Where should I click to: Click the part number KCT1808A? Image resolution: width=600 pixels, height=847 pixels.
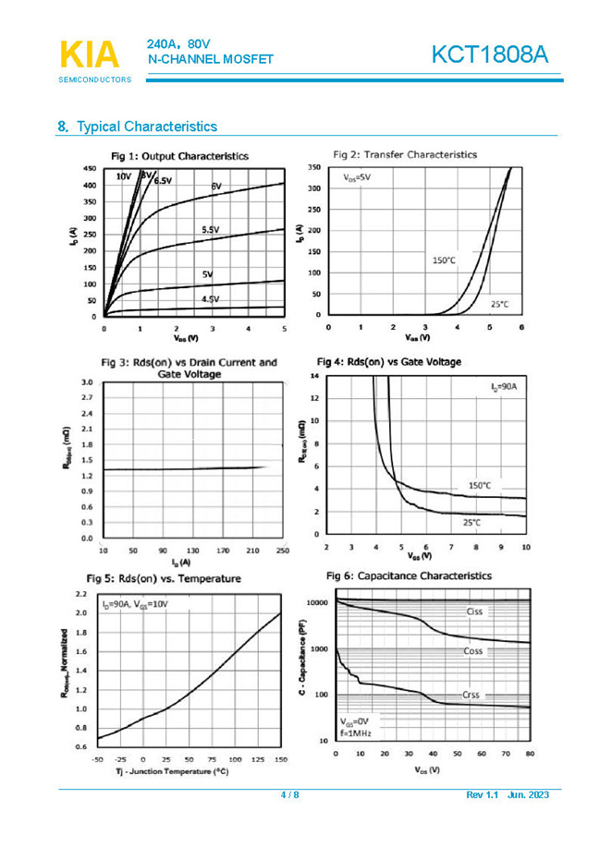pos(489,54)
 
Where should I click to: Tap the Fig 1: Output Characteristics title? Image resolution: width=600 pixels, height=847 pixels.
pos(179,156)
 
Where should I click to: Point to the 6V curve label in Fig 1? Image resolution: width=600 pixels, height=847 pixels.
pos(216,187)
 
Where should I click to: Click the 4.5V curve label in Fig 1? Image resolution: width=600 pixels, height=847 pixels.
pos(210,300)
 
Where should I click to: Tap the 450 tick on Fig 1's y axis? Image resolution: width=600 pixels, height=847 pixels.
pos(89,169)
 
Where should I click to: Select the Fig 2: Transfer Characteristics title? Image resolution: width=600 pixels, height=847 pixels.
pos(405,154)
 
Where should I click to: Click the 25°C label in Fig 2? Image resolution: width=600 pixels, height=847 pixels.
pos(499,303)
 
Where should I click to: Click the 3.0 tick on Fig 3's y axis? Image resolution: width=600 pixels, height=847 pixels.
pos(86,381)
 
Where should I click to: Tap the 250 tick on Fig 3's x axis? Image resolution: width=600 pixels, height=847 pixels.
pos(282,551)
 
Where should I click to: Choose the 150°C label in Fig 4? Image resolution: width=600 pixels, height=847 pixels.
pos(479,485)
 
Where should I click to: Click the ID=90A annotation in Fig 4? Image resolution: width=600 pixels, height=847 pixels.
pos(503,385)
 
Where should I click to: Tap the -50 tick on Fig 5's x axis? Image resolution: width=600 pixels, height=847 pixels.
pos(97,758)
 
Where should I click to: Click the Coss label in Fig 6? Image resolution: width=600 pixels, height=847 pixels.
pos(473,651)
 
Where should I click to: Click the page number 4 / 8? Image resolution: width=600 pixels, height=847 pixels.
pos(289,795)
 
